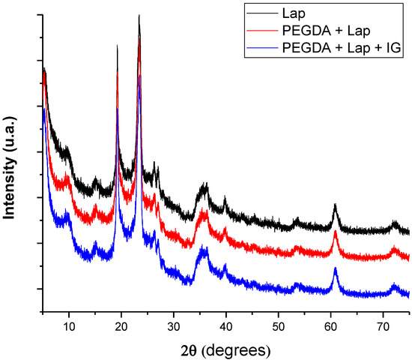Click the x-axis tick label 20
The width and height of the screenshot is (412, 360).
click(x=121, y=328)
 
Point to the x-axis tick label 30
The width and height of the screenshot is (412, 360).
click(x=173, y=328)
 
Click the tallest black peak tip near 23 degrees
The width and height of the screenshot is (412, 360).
click(x=139, y=16)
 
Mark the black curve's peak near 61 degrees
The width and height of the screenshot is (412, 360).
click(x=335, y=204)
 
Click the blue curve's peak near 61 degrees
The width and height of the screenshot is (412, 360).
click(x=335, y=268)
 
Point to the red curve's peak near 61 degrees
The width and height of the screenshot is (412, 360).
click(x=335, y=232)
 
